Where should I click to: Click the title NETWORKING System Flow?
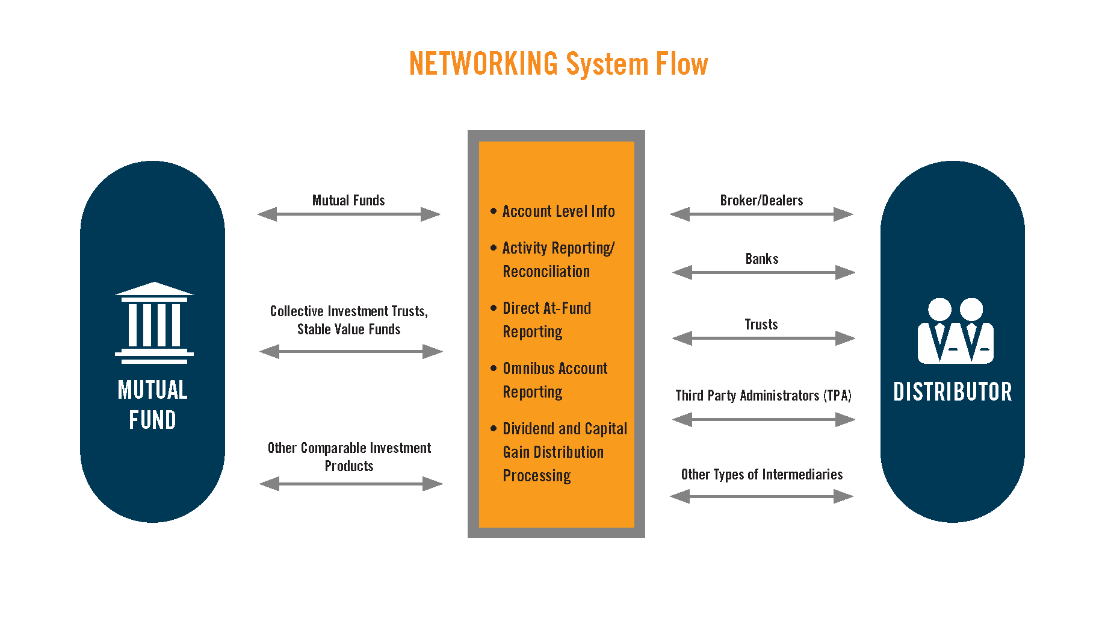point(559,64)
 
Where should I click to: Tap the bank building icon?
point(154,323)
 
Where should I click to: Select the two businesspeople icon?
point(955,331)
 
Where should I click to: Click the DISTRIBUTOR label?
point(953,392)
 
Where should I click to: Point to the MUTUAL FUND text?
point(152,405)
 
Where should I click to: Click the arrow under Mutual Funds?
point(348,214)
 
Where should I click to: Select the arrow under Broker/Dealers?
point(761,214)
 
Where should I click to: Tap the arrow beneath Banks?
point(763,273)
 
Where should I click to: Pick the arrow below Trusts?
point(763,339)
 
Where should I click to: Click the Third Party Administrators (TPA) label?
point(763,396)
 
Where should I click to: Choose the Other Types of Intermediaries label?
point(761,475)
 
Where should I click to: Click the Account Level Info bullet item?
point(558,211)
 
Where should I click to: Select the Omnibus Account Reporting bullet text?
point(555,380)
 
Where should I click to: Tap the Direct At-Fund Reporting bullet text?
point(546,320)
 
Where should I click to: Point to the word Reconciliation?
point(546,272)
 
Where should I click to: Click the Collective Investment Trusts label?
point(348,311)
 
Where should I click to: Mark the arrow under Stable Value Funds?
point(351,352)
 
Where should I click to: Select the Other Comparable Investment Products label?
point(349,457)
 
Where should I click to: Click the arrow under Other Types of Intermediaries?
point(761,496)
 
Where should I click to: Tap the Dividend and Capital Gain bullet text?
point(565,452)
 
